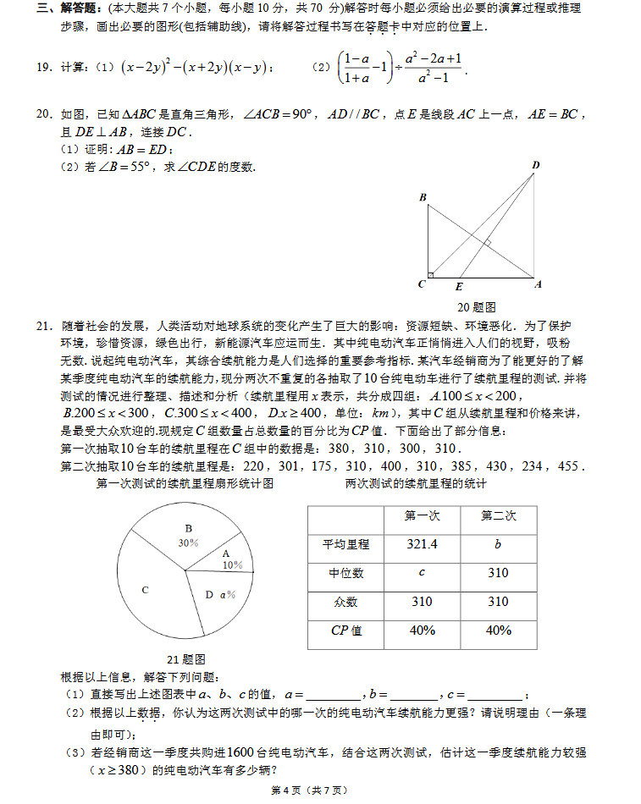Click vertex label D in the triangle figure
(535, 164)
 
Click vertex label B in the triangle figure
(423, 197)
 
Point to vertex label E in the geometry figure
(459, 286)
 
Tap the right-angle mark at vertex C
(431, 273)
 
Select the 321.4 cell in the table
(422, 544)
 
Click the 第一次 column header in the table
(422, 515)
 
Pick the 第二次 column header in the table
(498, 515)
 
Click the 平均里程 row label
(345, 544)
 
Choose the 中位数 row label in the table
(345, 573)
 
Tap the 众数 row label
(345, 602)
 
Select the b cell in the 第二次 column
(498, 544)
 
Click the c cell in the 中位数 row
(422, 573)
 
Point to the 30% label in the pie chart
(188, 542)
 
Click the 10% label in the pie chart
(232, 564)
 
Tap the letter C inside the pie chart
(145, 590)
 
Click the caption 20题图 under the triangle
(476, 306)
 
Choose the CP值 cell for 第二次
(498, 631)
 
